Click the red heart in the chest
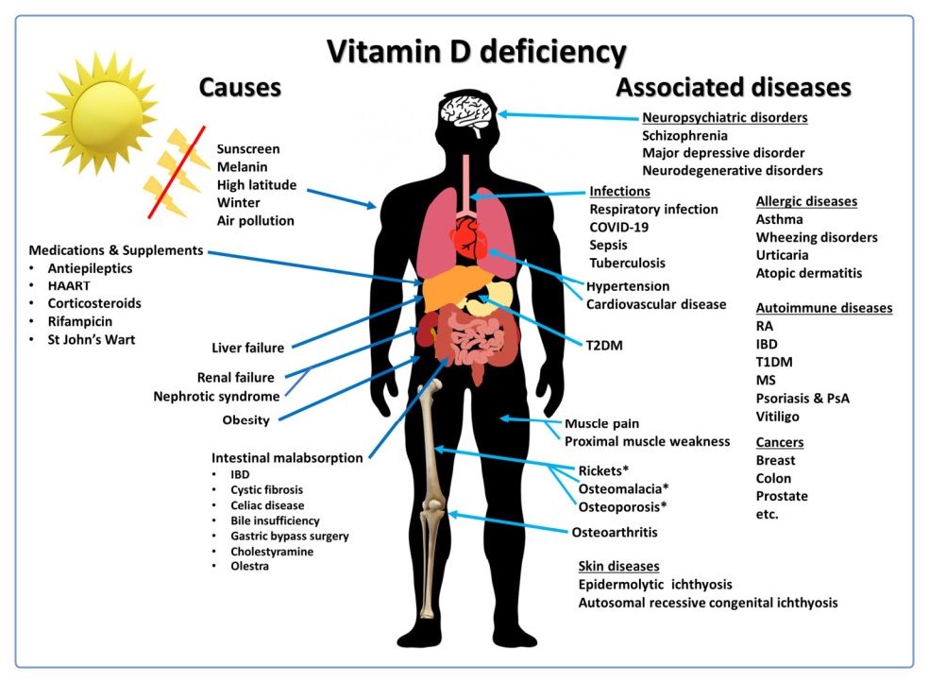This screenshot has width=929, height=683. point(470,239)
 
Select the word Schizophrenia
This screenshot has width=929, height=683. point(684,135)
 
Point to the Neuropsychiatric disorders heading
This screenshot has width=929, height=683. point(724,118)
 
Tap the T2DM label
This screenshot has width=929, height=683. point(604,345)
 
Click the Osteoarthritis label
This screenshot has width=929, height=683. point(615,532)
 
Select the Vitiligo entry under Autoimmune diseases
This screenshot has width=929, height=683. point(777,416)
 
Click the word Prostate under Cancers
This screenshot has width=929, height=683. point(782,496)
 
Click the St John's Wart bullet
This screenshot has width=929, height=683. point(92,339)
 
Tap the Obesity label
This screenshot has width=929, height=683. point(245,419)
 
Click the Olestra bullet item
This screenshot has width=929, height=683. point(250,566)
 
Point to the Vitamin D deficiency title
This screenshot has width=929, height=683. point(477,50)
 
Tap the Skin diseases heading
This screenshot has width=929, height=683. point(618,566)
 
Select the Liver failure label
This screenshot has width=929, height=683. point(248,348)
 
